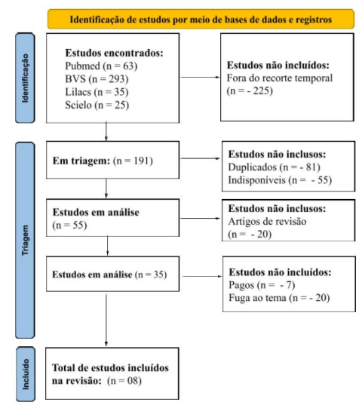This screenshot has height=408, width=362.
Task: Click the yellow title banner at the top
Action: pyautogui.click(x=201, y=19)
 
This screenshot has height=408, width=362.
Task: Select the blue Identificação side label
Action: pyautogui.click(x=25, y=78)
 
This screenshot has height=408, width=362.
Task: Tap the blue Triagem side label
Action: pyautogui.click(x=25, y=240)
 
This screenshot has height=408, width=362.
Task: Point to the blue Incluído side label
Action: pyautogui.click(x=26, y=374)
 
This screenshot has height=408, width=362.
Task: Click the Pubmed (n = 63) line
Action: pyautogui.click(x=101, y=66)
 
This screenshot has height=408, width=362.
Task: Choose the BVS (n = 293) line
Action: pyautogui.click(x=97, y=79)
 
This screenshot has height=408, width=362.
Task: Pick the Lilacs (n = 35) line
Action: pyautogui.click(x=97, y=92)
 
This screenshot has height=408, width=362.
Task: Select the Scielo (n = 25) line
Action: pyautogui.click(x=97, y=105)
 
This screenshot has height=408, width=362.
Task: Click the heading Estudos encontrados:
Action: pyautogui.click(x=114, y=53)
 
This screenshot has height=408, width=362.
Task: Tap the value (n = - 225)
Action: pyautogui.click(x=250, y=90)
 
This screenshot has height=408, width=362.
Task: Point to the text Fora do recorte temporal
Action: pyautogui.click(x=280, y=78)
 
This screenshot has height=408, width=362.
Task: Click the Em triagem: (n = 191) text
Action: pyautogui.click(x=103, y=161)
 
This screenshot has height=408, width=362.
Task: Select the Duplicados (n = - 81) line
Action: pyautogui.click(x=275, y=167)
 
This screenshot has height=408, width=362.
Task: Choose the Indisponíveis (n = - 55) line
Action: pyautogui.click(x=280, y=180)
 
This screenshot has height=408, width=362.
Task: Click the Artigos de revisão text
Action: pyautogui.click(x=267, y=222)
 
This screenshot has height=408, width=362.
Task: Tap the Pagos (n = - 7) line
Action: pyautogui.click(x=262, y=285)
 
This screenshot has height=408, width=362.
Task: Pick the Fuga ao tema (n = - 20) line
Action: pyautogui.click(x=279, y=298)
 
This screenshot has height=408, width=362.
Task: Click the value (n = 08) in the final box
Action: pyautogui.click(x=124, y=381)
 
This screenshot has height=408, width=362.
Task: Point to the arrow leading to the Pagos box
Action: pyautogui.click(x=202, y=276)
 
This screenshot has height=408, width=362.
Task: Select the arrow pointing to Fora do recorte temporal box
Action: pyautogui.click(x=200, y=77)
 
